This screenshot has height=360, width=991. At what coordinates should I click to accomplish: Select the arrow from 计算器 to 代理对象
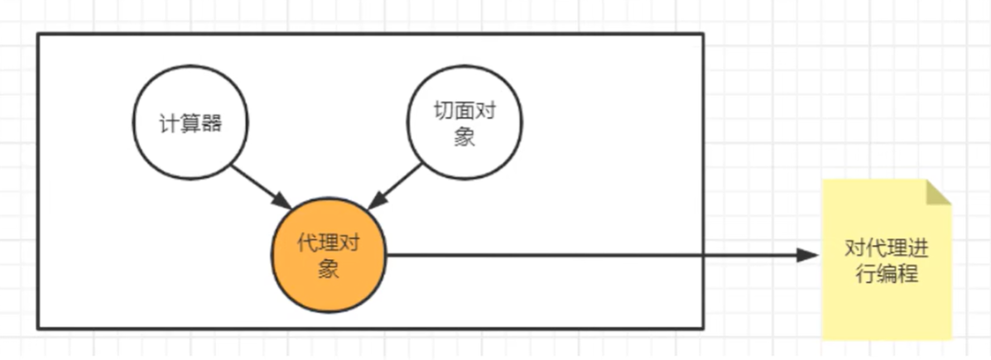click(260, 186)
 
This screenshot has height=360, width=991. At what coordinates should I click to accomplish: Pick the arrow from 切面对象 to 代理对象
click(397, 186)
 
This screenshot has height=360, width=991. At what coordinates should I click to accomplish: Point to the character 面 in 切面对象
click(464, 111)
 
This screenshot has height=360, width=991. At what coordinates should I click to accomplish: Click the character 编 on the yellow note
click(886, 274)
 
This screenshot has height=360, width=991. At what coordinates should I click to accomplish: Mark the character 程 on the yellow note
click(907, 274)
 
